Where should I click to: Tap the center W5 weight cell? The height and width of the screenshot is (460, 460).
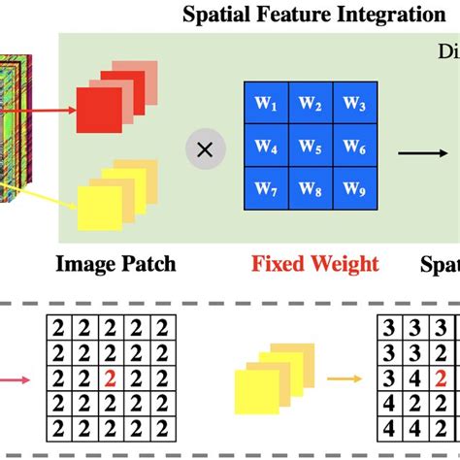310,148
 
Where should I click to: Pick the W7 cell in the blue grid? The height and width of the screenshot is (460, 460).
265,189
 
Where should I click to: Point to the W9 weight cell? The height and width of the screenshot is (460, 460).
353,189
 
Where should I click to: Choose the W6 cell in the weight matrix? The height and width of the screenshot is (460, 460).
353,148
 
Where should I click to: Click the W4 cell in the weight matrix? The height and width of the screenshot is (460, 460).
265,148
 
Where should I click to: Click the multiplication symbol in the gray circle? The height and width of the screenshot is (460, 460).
204,149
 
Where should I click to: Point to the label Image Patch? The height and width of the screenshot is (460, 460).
116,264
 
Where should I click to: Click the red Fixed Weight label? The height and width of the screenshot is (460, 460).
316,264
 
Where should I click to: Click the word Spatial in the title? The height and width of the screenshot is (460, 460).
212,15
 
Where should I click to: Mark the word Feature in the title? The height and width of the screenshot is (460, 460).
282,15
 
